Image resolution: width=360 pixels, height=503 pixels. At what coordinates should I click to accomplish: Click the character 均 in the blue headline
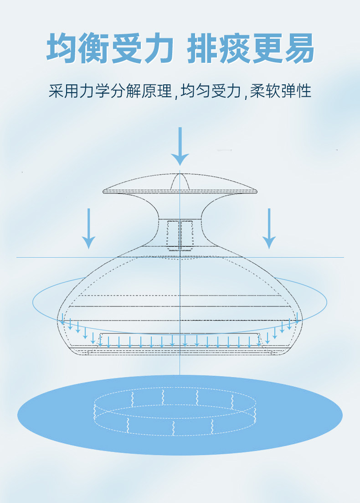62,48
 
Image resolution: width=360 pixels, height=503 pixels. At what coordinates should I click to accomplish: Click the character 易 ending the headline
298,48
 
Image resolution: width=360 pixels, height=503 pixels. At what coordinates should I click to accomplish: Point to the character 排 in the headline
203,48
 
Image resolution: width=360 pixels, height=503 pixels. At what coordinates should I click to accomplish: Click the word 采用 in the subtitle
64,91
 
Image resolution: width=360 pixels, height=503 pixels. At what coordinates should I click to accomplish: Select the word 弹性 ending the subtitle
296,91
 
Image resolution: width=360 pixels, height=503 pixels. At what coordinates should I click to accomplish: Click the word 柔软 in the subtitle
265,91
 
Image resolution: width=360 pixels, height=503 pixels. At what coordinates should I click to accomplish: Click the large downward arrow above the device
180,146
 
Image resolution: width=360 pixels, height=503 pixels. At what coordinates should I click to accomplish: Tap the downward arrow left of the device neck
89,228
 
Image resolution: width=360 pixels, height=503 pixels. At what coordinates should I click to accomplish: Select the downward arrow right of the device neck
269,228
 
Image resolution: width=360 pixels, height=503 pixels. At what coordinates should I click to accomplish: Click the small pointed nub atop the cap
180,181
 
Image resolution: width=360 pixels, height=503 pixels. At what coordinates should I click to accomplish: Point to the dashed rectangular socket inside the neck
180,235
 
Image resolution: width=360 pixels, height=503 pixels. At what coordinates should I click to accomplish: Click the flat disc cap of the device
180,184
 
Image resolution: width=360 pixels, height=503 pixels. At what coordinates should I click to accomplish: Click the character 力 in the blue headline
158,48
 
